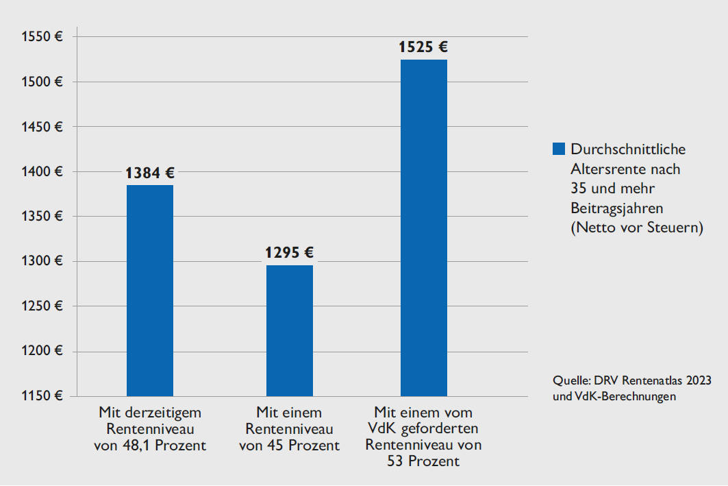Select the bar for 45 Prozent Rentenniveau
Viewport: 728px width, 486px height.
[x=290, y=330]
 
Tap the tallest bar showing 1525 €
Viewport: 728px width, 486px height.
[x=424, y=228]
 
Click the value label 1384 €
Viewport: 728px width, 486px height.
[x=150, y=173]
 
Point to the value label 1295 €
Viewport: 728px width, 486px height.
[x=290, y=253]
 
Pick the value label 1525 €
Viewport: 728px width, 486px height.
[x=424, y=47]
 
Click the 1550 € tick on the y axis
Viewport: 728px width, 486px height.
[x=41, y=37]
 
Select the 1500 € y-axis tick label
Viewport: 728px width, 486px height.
[x=41, y=82]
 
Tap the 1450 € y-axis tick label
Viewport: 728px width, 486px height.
[x=41, y=127]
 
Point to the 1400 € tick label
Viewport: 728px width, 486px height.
[x=41, y=172]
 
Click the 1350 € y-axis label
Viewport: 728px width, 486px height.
[x=41, y=217]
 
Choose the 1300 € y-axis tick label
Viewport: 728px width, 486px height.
[x=41, y=261]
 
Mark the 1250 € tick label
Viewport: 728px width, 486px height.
[x=41, y=306]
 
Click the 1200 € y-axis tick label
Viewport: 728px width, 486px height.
[x=41, y=352]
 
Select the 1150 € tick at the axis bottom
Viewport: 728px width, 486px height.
[x=41, y=396]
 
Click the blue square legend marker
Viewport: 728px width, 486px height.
[x=558, y=149]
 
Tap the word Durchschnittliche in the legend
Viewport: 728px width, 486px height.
[x=628, y=149]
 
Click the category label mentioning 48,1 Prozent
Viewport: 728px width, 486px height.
[x=150, y=429]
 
